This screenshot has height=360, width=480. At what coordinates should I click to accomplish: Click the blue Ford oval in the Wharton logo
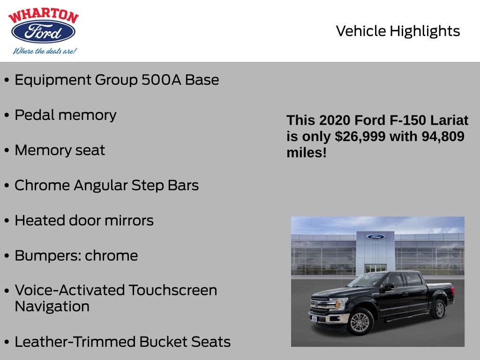pos(43,31)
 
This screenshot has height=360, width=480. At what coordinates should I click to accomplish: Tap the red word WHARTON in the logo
pos(44,16)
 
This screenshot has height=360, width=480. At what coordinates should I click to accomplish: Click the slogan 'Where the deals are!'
pos(45,51)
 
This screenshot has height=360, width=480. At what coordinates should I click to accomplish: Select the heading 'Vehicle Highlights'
pos(397,31)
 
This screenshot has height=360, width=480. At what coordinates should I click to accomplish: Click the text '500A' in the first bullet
pos(161,80)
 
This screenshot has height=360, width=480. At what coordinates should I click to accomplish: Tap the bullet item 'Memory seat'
pos(60,150)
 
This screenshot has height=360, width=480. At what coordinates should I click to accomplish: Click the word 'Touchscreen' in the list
pos(172,290)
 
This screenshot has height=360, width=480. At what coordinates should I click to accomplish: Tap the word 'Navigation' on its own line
pos(52,307)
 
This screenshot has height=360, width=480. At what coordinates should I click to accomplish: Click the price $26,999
pos(360,136)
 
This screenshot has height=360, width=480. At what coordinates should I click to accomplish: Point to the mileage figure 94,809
pos(443,136)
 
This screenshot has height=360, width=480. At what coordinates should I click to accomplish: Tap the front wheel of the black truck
pos(360,322)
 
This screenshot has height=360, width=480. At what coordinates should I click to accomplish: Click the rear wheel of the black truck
pos(439,309)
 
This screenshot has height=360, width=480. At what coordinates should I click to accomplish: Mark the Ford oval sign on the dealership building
pos(375,237)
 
